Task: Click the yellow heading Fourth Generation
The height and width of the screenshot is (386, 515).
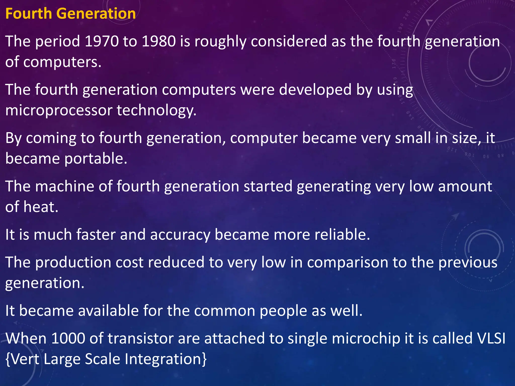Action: click(x=70, y=14)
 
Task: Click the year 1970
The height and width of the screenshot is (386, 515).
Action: click(x=102, y=41)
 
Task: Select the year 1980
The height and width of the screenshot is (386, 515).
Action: click(x=159, y=41)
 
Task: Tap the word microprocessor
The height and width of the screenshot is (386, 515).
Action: click(x=59, y=111)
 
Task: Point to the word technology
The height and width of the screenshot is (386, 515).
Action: click(x=156, y=111)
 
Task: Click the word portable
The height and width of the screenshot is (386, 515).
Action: click(x=96, y=159)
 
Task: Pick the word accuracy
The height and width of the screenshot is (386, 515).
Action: click(x=180, y=235)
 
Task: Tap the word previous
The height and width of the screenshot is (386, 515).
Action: click(x=468, y=263)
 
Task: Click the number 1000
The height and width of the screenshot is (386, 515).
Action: click(x=68, y=339)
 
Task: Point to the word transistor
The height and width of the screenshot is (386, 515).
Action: click(x=141, y=339)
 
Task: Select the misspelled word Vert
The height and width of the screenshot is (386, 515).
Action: click(x=25, y=359)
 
